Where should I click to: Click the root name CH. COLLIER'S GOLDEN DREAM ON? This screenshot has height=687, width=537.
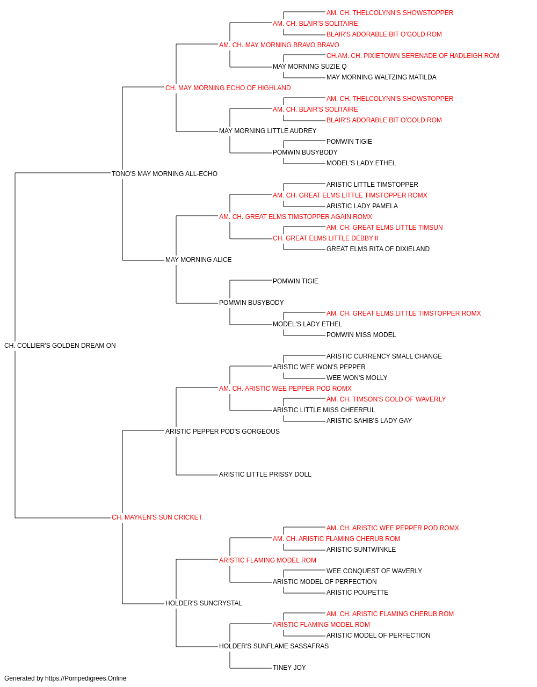[x=60, y=346]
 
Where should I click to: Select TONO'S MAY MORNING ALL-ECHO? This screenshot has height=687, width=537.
[x=164, y=174]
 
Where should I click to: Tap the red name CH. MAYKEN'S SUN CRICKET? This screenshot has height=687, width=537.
[x=157, y=517]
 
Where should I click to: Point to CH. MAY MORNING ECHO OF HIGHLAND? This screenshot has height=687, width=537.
[x=228, y=88]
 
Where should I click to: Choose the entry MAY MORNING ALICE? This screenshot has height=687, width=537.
[x=198, y=260]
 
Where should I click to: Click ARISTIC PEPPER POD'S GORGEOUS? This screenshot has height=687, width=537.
[x=222, y=431]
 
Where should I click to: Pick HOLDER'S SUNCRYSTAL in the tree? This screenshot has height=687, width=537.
[x=204, y=603]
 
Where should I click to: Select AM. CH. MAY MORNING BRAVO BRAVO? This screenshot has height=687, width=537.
[x=279, y=45]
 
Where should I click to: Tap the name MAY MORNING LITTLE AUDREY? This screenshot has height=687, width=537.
[x=267, y=131]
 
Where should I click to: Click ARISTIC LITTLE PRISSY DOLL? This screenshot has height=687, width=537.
[x=265, y=474]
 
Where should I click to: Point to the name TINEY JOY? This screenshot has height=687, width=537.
[x=289, y=667]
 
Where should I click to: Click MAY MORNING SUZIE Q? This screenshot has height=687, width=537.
[x=310, y=67]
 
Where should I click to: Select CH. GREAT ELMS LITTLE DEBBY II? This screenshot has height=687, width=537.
[x=325, y=238]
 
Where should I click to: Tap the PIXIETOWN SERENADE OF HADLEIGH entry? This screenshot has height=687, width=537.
[x=413, y=56]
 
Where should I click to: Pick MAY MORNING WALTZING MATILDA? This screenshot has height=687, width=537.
[x=381, y=77]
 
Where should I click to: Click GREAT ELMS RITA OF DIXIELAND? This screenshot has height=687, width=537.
[x=378, y=249]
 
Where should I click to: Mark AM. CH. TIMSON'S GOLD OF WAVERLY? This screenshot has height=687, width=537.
[x=386, y=399]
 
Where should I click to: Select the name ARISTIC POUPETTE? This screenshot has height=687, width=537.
[x=357, y=592]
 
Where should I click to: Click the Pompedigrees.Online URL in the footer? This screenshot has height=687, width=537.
[x=85, y=678]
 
